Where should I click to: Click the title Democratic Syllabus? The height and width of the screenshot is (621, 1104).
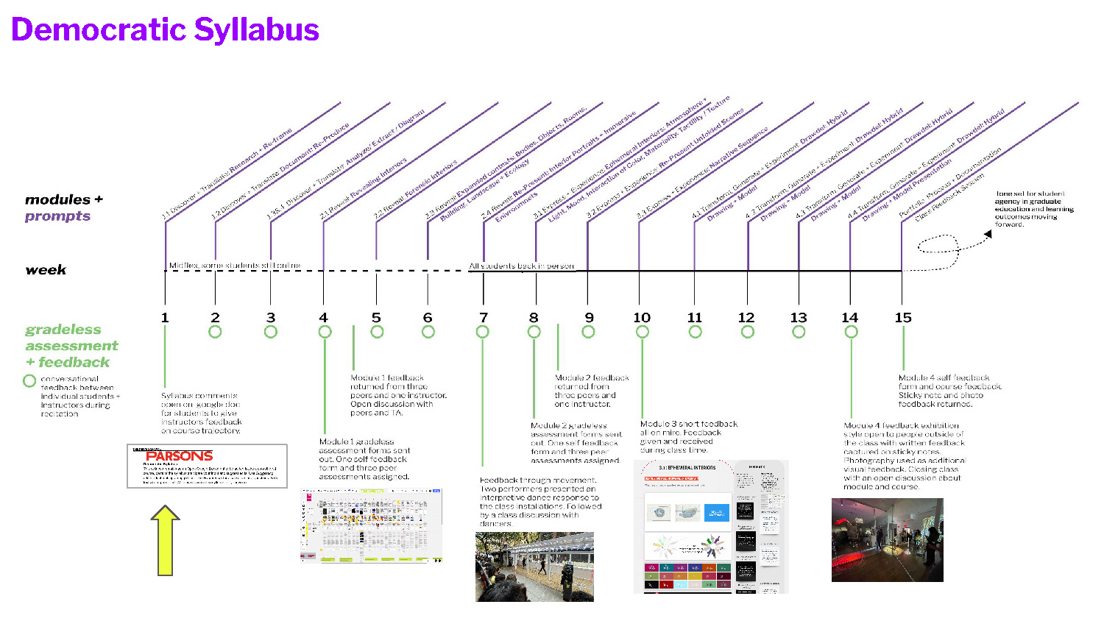(x=165, y=30)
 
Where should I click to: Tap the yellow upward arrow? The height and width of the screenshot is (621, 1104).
(x=166, y=541)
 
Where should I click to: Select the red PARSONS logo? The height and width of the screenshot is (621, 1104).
(x=179, y=456)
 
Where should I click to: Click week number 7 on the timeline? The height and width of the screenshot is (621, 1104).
(x=484, y=318)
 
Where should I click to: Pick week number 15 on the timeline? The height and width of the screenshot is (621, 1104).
(x=903, y=318)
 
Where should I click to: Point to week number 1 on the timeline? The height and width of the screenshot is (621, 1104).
(x=165, y=318)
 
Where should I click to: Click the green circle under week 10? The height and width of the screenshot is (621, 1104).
(x=643, y=332)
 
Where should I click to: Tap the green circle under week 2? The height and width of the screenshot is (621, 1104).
(x=215, y=332)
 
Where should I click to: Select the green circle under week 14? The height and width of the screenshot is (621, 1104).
(x=852, y=332)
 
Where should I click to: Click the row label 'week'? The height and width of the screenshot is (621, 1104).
(x=46, y=270)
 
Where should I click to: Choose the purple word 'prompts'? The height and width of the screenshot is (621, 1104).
(x=57, y=216)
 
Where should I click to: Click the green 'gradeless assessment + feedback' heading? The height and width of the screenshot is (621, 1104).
(x=71, y=346)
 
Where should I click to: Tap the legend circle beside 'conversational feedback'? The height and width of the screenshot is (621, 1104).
(x=29, y=381)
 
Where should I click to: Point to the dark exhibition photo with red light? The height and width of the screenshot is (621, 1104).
(x=887, y=540)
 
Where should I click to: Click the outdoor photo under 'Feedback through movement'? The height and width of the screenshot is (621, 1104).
(x=534, y=567)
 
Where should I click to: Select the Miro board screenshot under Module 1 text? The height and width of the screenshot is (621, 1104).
(x=372, y=525)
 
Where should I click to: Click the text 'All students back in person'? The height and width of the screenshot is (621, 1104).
(x=521, y=266)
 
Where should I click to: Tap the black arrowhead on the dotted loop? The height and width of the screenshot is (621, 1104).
(x=988, y=235)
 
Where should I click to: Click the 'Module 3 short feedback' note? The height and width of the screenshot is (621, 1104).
(x=688, y=437)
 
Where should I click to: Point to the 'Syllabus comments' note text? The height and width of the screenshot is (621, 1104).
(x=201, y=413)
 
